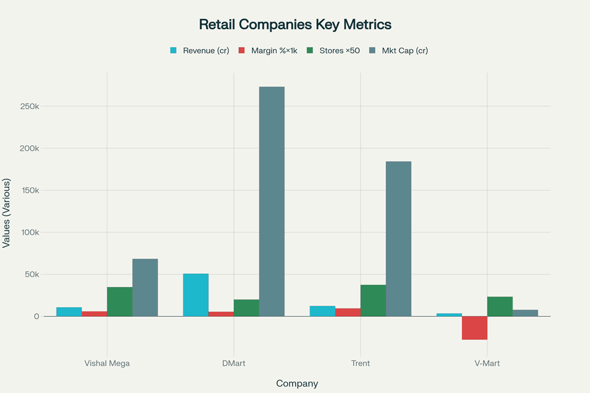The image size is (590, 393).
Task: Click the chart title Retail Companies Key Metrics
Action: point(295,24)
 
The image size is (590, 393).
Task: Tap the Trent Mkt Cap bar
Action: point(398,239)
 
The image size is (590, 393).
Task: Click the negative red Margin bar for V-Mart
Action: point(475,327)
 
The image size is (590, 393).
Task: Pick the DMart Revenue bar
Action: point(196,295)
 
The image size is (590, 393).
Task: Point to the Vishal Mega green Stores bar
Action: point(120,301)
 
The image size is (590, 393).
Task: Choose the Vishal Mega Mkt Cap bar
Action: point(145,288)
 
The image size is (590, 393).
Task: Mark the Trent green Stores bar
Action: point(373,300)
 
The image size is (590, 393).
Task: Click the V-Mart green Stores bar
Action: point(500,306)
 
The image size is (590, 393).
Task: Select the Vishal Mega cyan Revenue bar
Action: point(69,311)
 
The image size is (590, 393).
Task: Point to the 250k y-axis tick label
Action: point(29,107)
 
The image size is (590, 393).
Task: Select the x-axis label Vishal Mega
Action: point(107,363)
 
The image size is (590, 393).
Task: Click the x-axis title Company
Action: point(297,383)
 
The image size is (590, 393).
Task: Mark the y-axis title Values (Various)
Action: point(7,213)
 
